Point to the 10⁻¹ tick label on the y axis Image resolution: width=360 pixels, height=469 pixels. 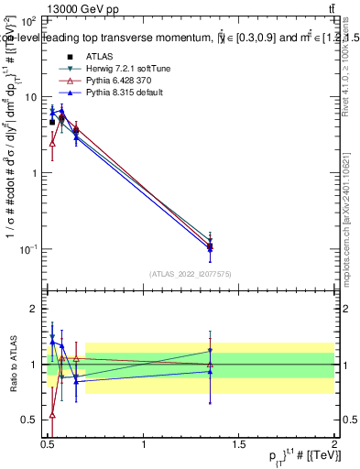(27, 249)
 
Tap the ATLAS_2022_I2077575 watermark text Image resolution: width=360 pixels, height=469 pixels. (191, 274)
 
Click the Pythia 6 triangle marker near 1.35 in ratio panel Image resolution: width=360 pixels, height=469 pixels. (211, 365)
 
